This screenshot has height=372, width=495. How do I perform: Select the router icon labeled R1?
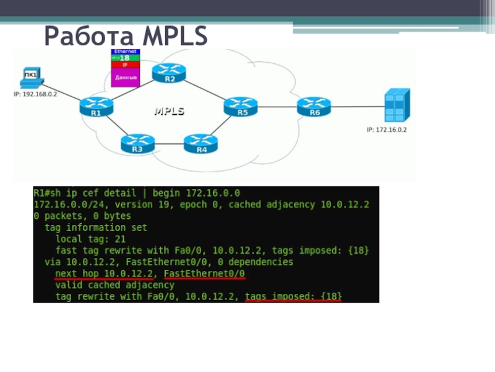(97, 107)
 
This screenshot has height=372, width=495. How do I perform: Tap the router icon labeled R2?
(169, 74)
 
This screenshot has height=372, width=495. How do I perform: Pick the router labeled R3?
(137, 143)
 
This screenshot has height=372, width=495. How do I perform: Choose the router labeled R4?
(201, 144)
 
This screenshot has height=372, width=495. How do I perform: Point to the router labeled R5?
(241, 107)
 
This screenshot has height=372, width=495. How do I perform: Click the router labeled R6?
(314, 107)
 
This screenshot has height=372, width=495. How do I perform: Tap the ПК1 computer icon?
(31, 79)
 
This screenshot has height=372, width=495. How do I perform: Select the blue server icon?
(396, 105)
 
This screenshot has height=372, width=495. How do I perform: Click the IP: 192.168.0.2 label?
(35, 94)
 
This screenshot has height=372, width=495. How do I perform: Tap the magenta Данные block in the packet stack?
(125, 77)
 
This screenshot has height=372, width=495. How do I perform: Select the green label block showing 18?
(125, 58)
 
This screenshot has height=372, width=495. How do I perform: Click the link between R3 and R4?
(169, 145)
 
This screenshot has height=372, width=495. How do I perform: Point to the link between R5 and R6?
(277, 107)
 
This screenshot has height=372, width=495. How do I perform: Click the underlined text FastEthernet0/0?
(204, 274)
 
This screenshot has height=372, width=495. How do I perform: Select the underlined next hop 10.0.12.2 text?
(103, 274)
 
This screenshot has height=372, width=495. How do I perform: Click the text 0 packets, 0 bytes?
(82, 216)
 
